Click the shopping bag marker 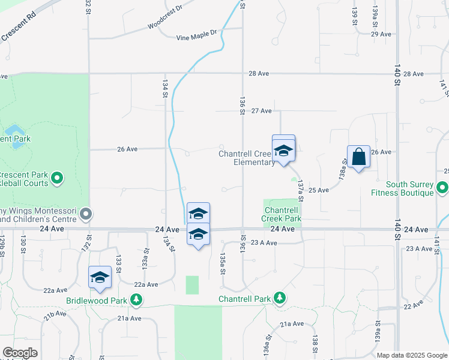click(x=358, y=157)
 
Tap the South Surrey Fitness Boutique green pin click(x=442, y=188)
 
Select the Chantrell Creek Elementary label click(x=246, y=158)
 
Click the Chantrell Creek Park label click(x=282, y=214)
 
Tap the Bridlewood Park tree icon click(x=137, y=299)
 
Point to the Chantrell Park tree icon click(x=279, y=298)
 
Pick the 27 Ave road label click(x=262, y=111)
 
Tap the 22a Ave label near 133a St click(x=146, y=284)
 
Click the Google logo click(x=20, y=353)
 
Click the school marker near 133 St click(x=100, y=277)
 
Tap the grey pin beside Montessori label click(x=86, y=214)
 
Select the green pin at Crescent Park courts click(x=57, y=178)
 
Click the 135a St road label click(x=223, y=263)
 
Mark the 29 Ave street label click(x=381, y=34)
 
